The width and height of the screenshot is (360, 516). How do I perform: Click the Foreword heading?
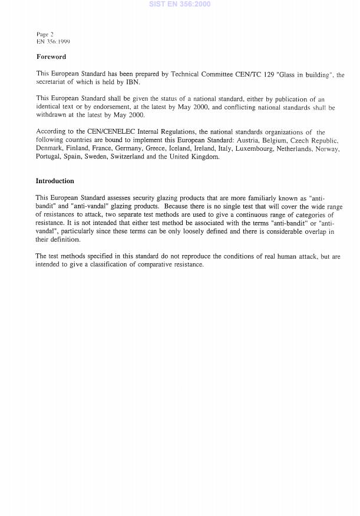[51, 57]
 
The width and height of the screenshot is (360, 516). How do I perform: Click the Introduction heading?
[55, 181]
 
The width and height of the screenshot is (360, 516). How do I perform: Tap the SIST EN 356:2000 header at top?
[180, 4]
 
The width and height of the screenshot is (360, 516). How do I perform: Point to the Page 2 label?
[45, 35]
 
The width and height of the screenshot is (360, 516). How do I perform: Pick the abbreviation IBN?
[132, 82]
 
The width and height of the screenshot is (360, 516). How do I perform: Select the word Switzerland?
[127, 157]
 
